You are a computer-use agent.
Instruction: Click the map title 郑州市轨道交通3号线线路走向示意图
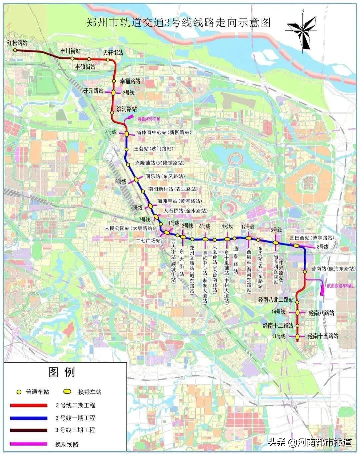[x=178, y=23]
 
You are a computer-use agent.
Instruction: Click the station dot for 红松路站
[x=15, y=50]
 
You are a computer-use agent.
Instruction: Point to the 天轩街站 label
[x=113, y=53]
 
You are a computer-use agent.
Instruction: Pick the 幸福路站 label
[x=130, y=81]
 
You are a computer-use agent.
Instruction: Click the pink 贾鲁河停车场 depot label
[x=149, y=119]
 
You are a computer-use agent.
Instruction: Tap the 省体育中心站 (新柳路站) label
[x=164, y=132]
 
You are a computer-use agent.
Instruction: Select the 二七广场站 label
[x=148, y=240]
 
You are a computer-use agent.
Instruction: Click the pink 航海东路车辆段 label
[x=342, y=286]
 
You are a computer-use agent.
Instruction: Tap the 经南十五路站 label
[x=323, y=336]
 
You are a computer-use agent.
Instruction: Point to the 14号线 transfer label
[x=278, y=312]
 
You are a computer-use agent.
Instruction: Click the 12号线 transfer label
[x=248, y=227]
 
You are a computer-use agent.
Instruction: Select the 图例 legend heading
[x=62, y=372]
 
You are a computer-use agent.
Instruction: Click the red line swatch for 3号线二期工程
[x=29, y=405]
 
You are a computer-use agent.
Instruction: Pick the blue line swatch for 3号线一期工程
[x=29, y=418]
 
